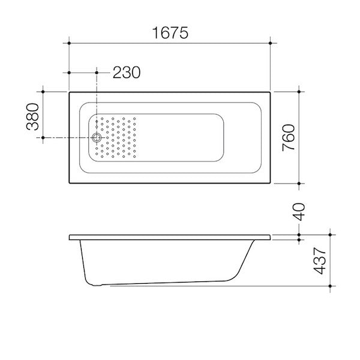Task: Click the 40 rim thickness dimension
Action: point(300,212)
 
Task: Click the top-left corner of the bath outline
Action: point(70,92)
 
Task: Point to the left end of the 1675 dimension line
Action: point(70,43)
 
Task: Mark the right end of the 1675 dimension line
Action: point(271,43)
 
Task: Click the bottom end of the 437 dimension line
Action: point(329,287)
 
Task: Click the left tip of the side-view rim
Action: point(70,237)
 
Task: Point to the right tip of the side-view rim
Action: point(271,237)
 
